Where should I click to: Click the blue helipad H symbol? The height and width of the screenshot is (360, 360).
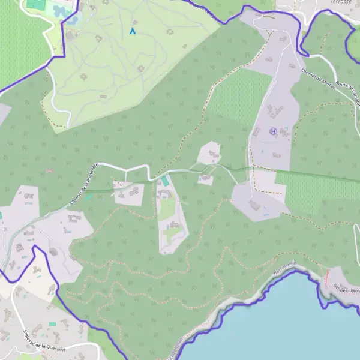point(274,131)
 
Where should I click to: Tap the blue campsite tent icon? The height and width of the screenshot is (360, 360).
point(133,31)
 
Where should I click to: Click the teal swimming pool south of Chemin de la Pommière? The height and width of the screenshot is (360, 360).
point(164,180)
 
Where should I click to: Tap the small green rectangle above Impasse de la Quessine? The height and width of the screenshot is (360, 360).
point(52,324)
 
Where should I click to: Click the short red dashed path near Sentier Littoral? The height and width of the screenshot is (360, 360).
point(327,277)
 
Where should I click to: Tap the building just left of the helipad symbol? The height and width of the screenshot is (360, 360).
point(257,131)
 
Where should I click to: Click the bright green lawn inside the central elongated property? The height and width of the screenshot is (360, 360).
point(168,207)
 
